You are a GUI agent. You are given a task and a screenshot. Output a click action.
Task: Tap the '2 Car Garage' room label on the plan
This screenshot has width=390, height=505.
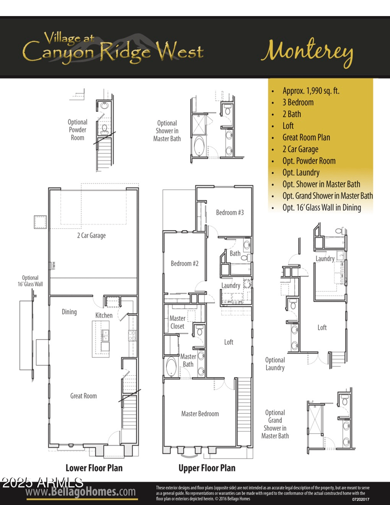tap(91, 236)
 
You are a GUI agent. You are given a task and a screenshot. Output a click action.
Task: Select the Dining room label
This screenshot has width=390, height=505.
tap(69, 312)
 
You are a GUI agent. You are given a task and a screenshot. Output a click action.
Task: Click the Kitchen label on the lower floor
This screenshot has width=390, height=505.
tap(104, 315)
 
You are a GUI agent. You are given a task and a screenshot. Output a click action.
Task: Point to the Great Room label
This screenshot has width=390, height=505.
tap(83, 396)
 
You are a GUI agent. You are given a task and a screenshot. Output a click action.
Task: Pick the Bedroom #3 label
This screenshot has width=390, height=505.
tap(230, 212)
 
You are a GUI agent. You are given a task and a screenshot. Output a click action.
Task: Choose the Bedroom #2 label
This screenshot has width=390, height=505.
tap(185, 263)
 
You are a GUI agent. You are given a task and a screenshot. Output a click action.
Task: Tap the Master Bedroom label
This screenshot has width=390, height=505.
tap(200, 414)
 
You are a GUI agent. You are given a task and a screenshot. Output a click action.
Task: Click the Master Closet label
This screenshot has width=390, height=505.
tap(177, 323)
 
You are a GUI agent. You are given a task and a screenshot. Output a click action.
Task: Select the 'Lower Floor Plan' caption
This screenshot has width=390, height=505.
tap(94, 468)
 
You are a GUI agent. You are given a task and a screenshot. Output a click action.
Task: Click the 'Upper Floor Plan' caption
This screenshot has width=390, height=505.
tap(207, 468)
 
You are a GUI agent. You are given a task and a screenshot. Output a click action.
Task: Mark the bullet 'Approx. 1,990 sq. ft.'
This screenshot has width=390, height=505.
tap(311, 91)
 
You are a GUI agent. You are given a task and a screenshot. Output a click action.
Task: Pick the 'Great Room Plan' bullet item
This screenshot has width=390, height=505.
tap(306, 138)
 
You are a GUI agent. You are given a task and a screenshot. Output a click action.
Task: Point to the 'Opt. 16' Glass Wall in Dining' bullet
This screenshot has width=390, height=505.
tap(322, 207)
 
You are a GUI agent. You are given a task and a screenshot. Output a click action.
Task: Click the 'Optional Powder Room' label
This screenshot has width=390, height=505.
tap(78, 130)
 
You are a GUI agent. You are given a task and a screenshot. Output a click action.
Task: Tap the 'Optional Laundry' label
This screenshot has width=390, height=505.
tap(275, 364)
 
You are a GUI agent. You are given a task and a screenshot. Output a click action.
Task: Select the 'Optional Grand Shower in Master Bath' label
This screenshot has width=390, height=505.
tap(275, 424)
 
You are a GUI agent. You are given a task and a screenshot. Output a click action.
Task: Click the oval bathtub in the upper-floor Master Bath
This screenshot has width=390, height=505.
tap(172, 367)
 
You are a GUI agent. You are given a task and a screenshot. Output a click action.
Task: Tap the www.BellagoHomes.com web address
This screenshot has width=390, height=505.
tap(81, 492)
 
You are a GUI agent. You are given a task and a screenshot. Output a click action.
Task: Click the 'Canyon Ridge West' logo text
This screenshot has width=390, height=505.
tap(113, 50)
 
